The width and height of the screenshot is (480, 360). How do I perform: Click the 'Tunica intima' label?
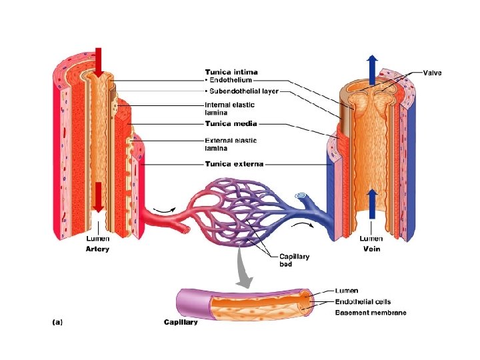231,72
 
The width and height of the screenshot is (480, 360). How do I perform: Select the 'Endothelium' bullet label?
231,81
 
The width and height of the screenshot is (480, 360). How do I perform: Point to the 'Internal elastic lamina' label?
229,109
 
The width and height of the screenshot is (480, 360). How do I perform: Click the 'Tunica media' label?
231,123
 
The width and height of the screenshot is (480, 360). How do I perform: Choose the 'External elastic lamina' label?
231,144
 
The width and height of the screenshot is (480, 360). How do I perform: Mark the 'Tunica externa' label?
233,163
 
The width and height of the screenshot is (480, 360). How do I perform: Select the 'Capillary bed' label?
294,260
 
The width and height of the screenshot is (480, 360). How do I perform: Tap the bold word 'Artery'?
97,249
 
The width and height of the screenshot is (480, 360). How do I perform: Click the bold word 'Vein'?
371,249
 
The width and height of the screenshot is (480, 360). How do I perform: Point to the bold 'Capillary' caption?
181,322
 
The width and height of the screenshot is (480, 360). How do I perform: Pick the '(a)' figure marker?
58,322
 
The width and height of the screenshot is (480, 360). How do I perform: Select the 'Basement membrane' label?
370,313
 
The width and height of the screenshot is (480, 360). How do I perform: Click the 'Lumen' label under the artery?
98,239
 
